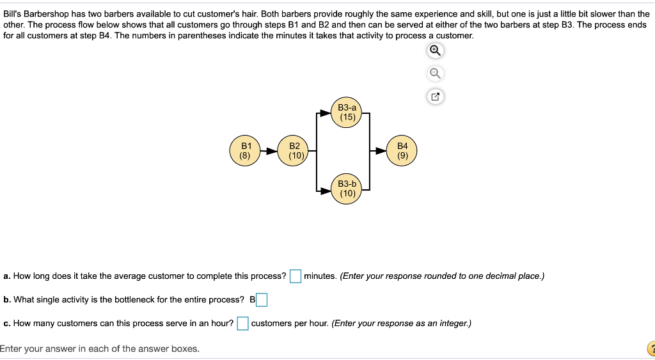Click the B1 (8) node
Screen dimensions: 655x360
coord(245,151)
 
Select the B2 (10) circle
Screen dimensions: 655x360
coord(294,151)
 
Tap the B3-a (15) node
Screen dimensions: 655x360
coord(347,113)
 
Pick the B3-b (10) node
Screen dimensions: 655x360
coord(347,189)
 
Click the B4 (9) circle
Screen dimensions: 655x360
coord(402,151)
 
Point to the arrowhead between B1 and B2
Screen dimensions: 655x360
coord(272,151)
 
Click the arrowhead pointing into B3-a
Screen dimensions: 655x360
coord(326,113)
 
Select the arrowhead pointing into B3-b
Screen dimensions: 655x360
coord(326,191)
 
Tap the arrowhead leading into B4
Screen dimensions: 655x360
coord(381,151)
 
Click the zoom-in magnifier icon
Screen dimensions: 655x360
coord(435,51)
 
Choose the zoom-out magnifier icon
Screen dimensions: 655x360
coord(435,74)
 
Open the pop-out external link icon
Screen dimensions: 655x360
coord(435,97)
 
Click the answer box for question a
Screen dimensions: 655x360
coord(296,276)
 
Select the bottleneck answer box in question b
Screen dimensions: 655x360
coord(262,300)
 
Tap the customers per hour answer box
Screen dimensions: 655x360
coord(242,324)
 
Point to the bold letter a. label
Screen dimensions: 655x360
coord(7,276)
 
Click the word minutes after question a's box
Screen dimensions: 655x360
coord(320,276)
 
